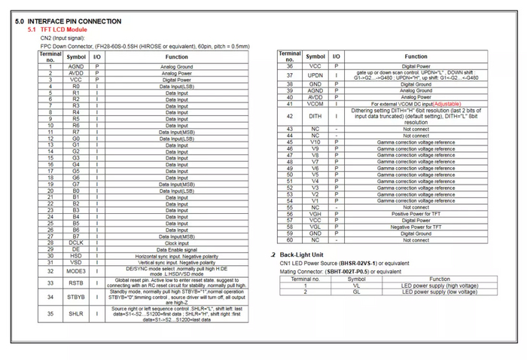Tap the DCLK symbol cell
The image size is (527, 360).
(76, 243)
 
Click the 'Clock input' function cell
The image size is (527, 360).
(176, 243)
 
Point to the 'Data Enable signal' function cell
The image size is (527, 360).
(176, 249)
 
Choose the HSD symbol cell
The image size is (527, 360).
(76, 256)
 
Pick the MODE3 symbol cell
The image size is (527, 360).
(76, 270)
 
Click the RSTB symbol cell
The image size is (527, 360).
(76, 282)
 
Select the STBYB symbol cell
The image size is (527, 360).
(76, 297)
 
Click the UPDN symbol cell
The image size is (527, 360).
(315, 75)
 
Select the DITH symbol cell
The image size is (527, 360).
(315, 116)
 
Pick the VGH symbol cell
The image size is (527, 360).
(315, 214)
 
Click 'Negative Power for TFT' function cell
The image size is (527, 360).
(416, 227)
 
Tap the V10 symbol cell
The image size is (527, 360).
(315, 142)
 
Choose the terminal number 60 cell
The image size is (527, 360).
(289, 240)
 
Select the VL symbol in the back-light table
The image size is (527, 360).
(356, 285)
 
